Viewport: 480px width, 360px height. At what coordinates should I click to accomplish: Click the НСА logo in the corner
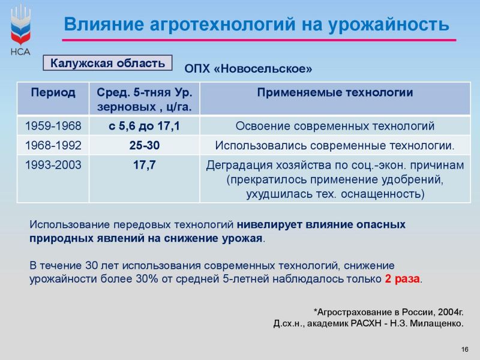[20, 30]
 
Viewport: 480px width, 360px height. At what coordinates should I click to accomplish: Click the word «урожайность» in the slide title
[389, 25]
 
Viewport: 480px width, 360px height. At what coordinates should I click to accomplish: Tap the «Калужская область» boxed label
[107, 63]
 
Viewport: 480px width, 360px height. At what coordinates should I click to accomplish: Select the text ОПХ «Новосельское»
[248, 68]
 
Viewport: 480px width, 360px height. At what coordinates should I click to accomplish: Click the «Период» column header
[53, 92]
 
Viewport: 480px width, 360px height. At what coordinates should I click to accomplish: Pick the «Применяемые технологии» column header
[335, 92]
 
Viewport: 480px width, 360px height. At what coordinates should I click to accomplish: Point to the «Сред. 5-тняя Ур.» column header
[145, 92]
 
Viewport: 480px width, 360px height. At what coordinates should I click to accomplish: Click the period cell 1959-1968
[53, 126]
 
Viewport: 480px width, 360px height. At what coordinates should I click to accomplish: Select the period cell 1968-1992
[53, 145]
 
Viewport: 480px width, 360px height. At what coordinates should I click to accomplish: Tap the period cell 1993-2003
[53, 165]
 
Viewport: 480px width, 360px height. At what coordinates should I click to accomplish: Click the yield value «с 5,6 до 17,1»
[144, 126]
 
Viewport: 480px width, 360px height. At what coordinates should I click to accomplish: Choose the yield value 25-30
[145, 145]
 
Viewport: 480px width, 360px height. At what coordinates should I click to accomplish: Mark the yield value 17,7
[145, 165]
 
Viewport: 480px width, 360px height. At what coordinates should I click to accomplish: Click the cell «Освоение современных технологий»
[335, 126]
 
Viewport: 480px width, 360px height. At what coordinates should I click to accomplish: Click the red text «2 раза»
[402, 279]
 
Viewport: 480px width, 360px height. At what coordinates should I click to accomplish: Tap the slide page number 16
[464, 349]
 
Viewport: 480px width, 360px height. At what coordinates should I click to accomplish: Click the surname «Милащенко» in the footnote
[436, 323]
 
